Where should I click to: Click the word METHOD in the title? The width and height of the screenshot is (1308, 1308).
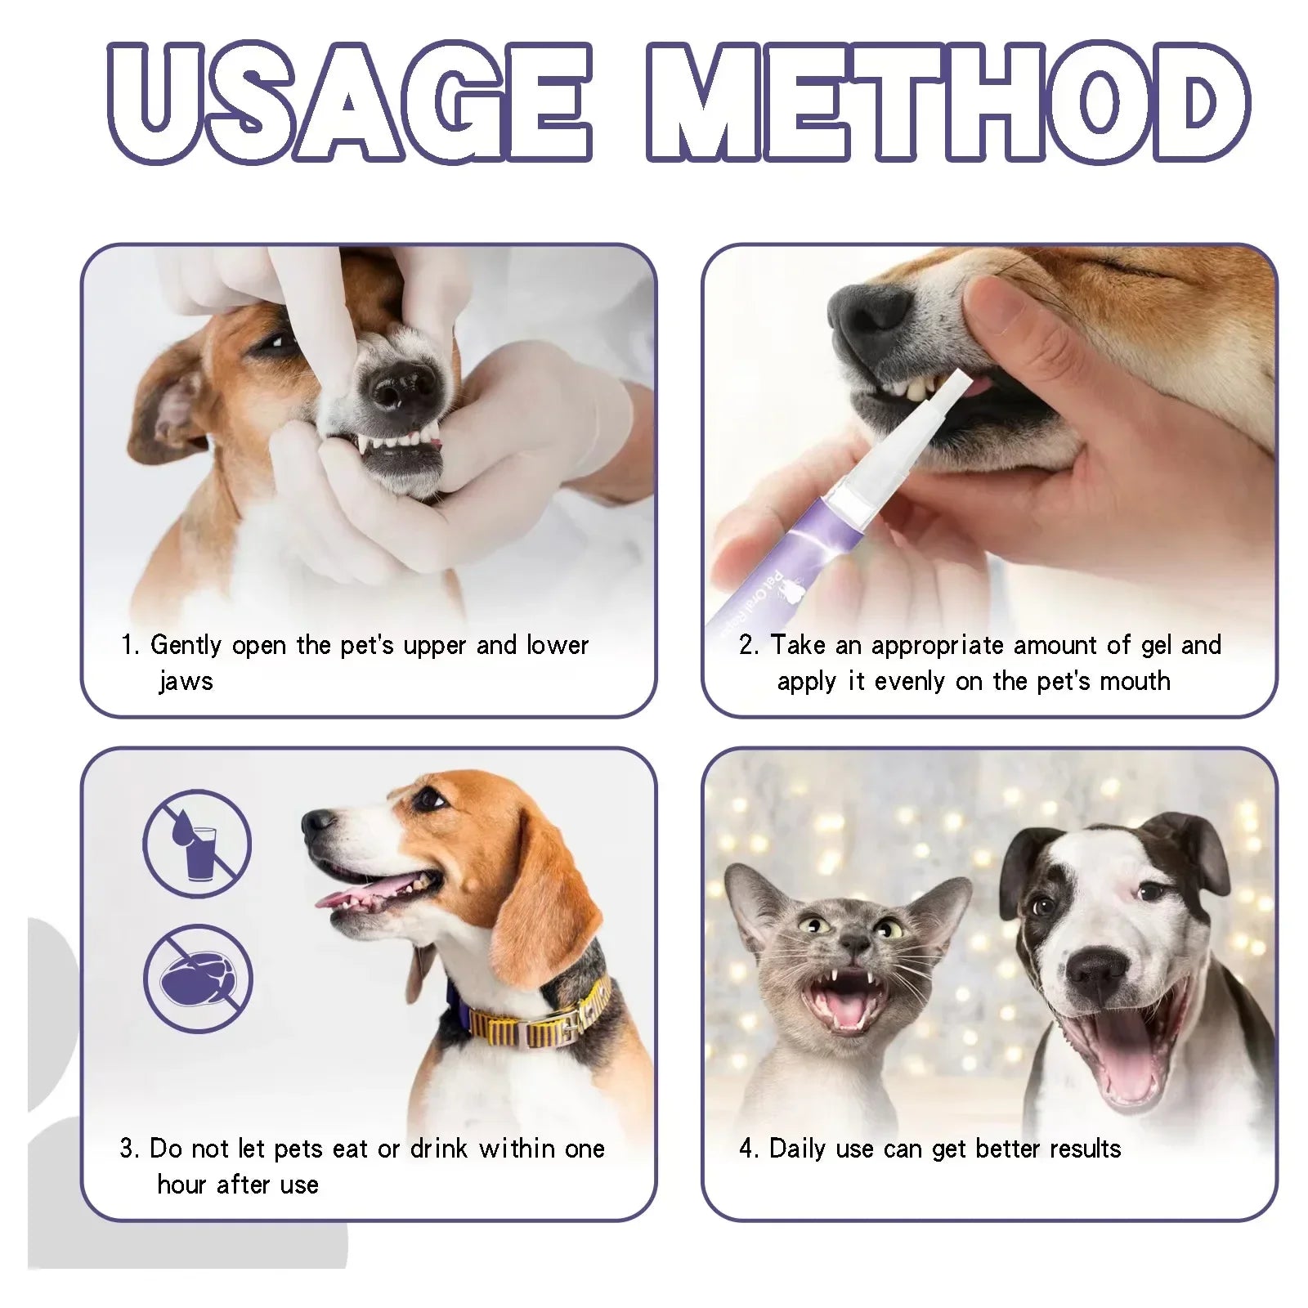[948, 102]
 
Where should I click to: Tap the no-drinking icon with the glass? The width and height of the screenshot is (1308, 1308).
[197, 843]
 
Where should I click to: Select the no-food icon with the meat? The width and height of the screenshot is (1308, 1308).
[198, 979]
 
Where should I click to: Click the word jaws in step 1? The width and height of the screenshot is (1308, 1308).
[186, 681]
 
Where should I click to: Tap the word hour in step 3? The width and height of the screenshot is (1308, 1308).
[182, 1185]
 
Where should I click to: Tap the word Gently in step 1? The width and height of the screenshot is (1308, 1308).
[186, 645]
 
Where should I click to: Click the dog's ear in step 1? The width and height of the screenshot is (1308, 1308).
[168, 409]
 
